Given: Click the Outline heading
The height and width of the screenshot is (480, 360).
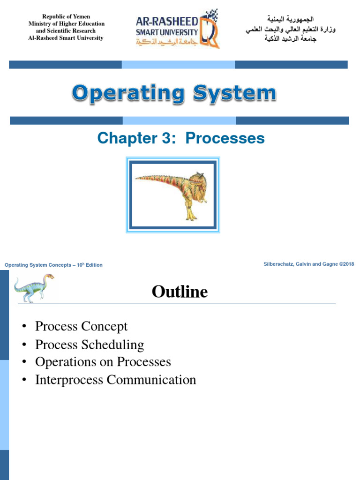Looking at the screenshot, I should [180, 292].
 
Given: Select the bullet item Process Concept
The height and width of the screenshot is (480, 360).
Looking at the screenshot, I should [81, 326].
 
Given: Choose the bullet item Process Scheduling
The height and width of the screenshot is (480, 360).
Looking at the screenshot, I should [89, 345].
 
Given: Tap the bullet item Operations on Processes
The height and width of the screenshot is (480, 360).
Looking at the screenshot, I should [103, 362].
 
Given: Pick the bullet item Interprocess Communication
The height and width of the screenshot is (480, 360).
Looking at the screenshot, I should [115, 380].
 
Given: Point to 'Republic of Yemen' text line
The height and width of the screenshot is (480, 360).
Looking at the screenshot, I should [66, 16].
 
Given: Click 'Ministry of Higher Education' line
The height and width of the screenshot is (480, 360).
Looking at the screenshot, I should [66, 23].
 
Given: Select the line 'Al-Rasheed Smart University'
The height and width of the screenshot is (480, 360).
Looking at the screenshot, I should [66, 38].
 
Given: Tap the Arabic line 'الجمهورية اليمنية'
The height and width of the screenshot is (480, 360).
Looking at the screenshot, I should [290, 20].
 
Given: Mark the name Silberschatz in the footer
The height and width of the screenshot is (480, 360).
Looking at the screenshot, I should [280, 264].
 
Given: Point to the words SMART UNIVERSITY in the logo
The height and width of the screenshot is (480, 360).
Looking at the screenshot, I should [166, 32].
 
